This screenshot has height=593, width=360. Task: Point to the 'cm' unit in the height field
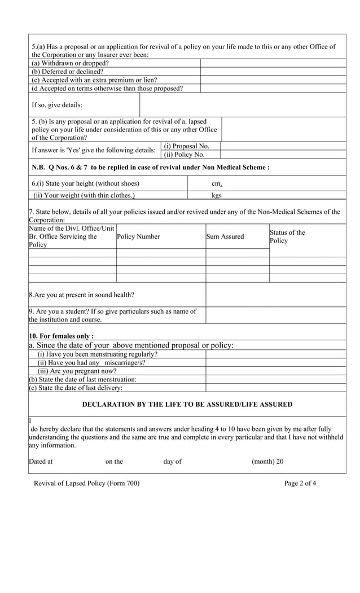216,184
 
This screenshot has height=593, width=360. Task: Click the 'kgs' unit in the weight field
216,196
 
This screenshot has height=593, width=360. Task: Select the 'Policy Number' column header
138,236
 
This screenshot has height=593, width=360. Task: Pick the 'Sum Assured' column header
225,236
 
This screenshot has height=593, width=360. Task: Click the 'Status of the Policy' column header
287,236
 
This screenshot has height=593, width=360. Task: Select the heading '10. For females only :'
62,336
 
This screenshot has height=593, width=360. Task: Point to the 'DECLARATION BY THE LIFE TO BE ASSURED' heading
187,405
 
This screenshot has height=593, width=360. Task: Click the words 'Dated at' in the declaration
41,462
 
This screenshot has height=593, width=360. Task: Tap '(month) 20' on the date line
267,462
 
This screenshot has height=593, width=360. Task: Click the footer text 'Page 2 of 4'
300,483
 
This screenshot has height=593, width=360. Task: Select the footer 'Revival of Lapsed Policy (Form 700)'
86,483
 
